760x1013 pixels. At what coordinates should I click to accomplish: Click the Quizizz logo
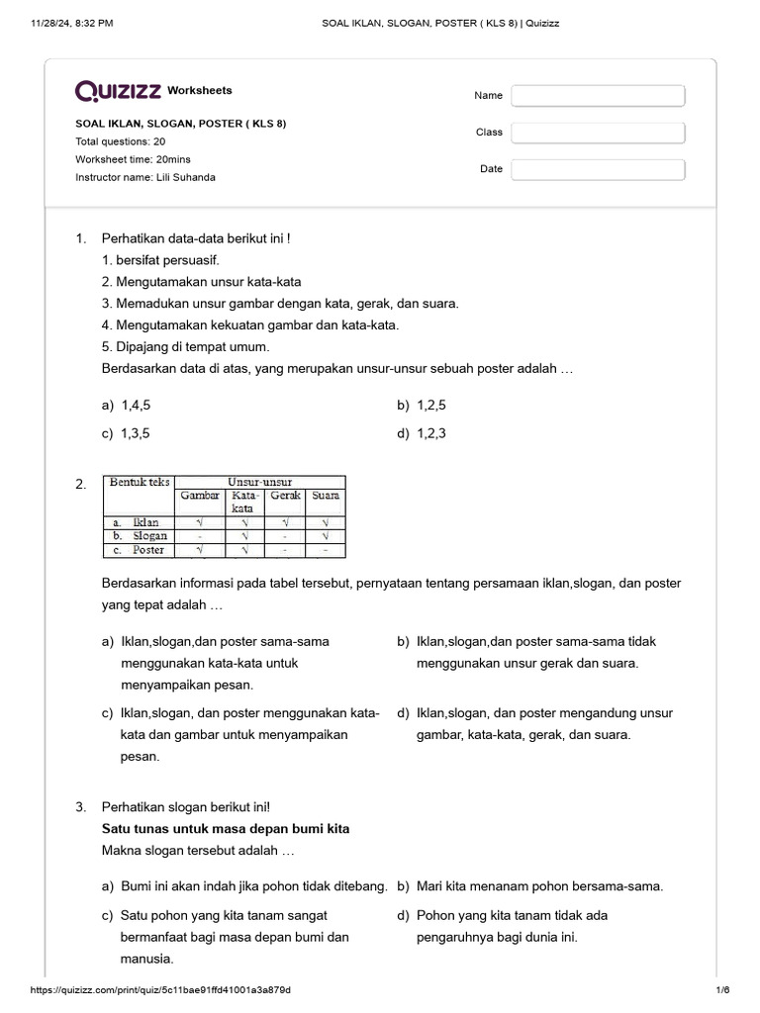point(119,91)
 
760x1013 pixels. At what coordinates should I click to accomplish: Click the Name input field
point(598,95)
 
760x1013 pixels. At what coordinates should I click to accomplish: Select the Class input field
point(598,133)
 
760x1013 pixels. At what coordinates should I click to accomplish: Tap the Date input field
point(598,169)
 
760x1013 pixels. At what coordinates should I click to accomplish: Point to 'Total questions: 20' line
point(120,141)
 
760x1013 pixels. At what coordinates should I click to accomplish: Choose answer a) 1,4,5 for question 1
point(127,406)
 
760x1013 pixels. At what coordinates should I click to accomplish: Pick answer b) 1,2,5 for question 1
point(423,406)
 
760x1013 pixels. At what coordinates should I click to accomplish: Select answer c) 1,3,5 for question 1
point(127,433)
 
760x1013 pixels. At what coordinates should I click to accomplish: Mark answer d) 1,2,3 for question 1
point(423,433)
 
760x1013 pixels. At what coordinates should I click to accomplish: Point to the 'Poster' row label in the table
point(147,550)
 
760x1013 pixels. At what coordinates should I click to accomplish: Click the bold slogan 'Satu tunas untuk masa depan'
point(226,829)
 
